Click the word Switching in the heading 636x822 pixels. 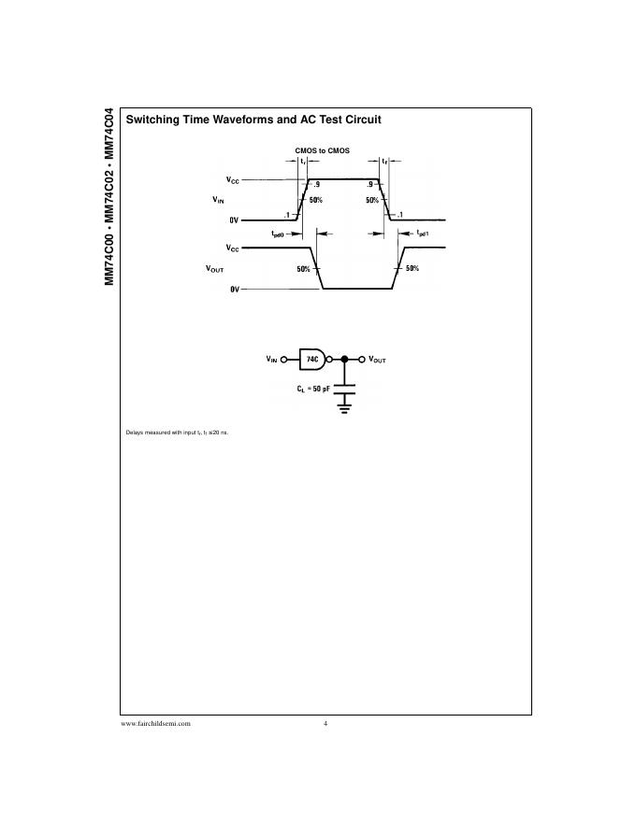[x=154, y=120]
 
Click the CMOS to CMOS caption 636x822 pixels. [x=322, y=150]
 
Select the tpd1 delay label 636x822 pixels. [x=422, y=233]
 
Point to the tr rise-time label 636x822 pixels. [x=303, y=162]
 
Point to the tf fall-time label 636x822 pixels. [x=384, y=162]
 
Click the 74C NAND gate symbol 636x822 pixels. [x=311, y=359]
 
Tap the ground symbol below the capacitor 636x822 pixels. [x=346, y=404]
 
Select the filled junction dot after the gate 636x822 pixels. [x=346, y=359]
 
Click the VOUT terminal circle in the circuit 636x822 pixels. [x=362, y=359]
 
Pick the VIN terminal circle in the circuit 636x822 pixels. [x=284, y=359]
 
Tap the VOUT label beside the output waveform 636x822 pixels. [x=215, y=268]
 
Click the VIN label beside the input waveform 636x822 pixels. [x=218, y=200]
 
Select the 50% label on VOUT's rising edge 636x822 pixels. [x=412, y=268]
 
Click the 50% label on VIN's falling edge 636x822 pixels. [x=372, y=200]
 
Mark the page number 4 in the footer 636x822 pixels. [x=325, y=724]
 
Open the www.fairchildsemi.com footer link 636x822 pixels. [x=156, y=724]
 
